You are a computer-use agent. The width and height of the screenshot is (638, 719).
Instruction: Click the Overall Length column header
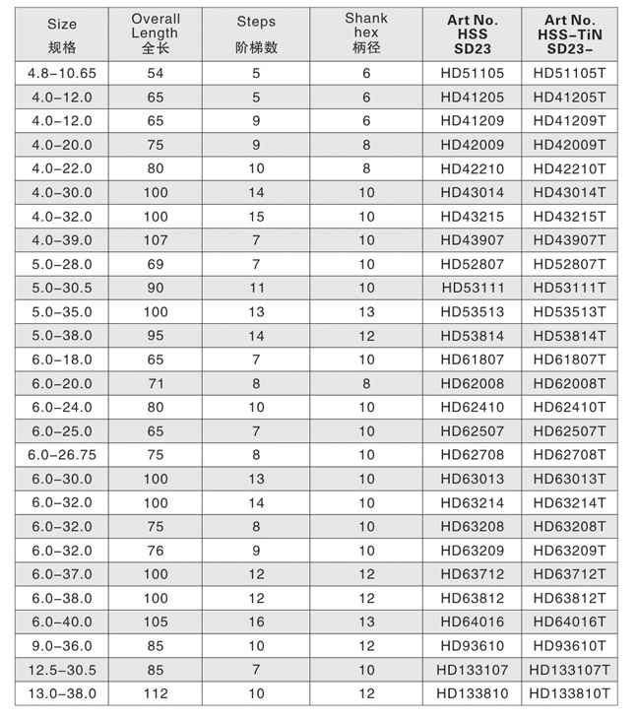click(x=156, y=33)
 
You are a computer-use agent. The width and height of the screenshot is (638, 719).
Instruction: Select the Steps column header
click(x=256, y=33)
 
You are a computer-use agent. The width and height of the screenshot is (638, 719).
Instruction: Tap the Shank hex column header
click(x=366, y=33)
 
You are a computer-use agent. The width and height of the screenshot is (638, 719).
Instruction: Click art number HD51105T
click(x=569, y=74)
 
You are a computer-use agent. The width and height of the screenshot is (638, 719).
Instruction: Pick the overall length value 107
click(x=156, y=239)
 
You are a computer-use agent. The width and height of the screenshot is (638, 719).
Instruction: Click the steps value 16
click(x=256, y=622)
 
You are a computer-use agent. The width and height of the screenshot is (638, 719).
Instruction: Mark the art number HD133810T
click(x=569, y=694)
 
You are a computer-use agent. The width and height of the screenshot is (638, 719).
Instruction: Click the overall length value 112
click(x=156, y=694)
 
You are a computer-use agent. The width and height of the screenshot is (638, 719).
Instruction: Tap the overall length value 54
click(x=156, y=74)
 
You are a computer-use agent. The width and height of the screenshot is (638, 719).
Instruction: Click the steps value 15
click(x=256, y=216)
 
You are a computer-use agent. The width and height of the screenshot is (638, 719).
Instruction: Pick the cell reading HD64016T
click(x=569, y=622)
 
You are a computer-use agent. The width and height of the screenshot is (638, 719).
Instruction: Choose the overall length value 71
click(x=156, y=383)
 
